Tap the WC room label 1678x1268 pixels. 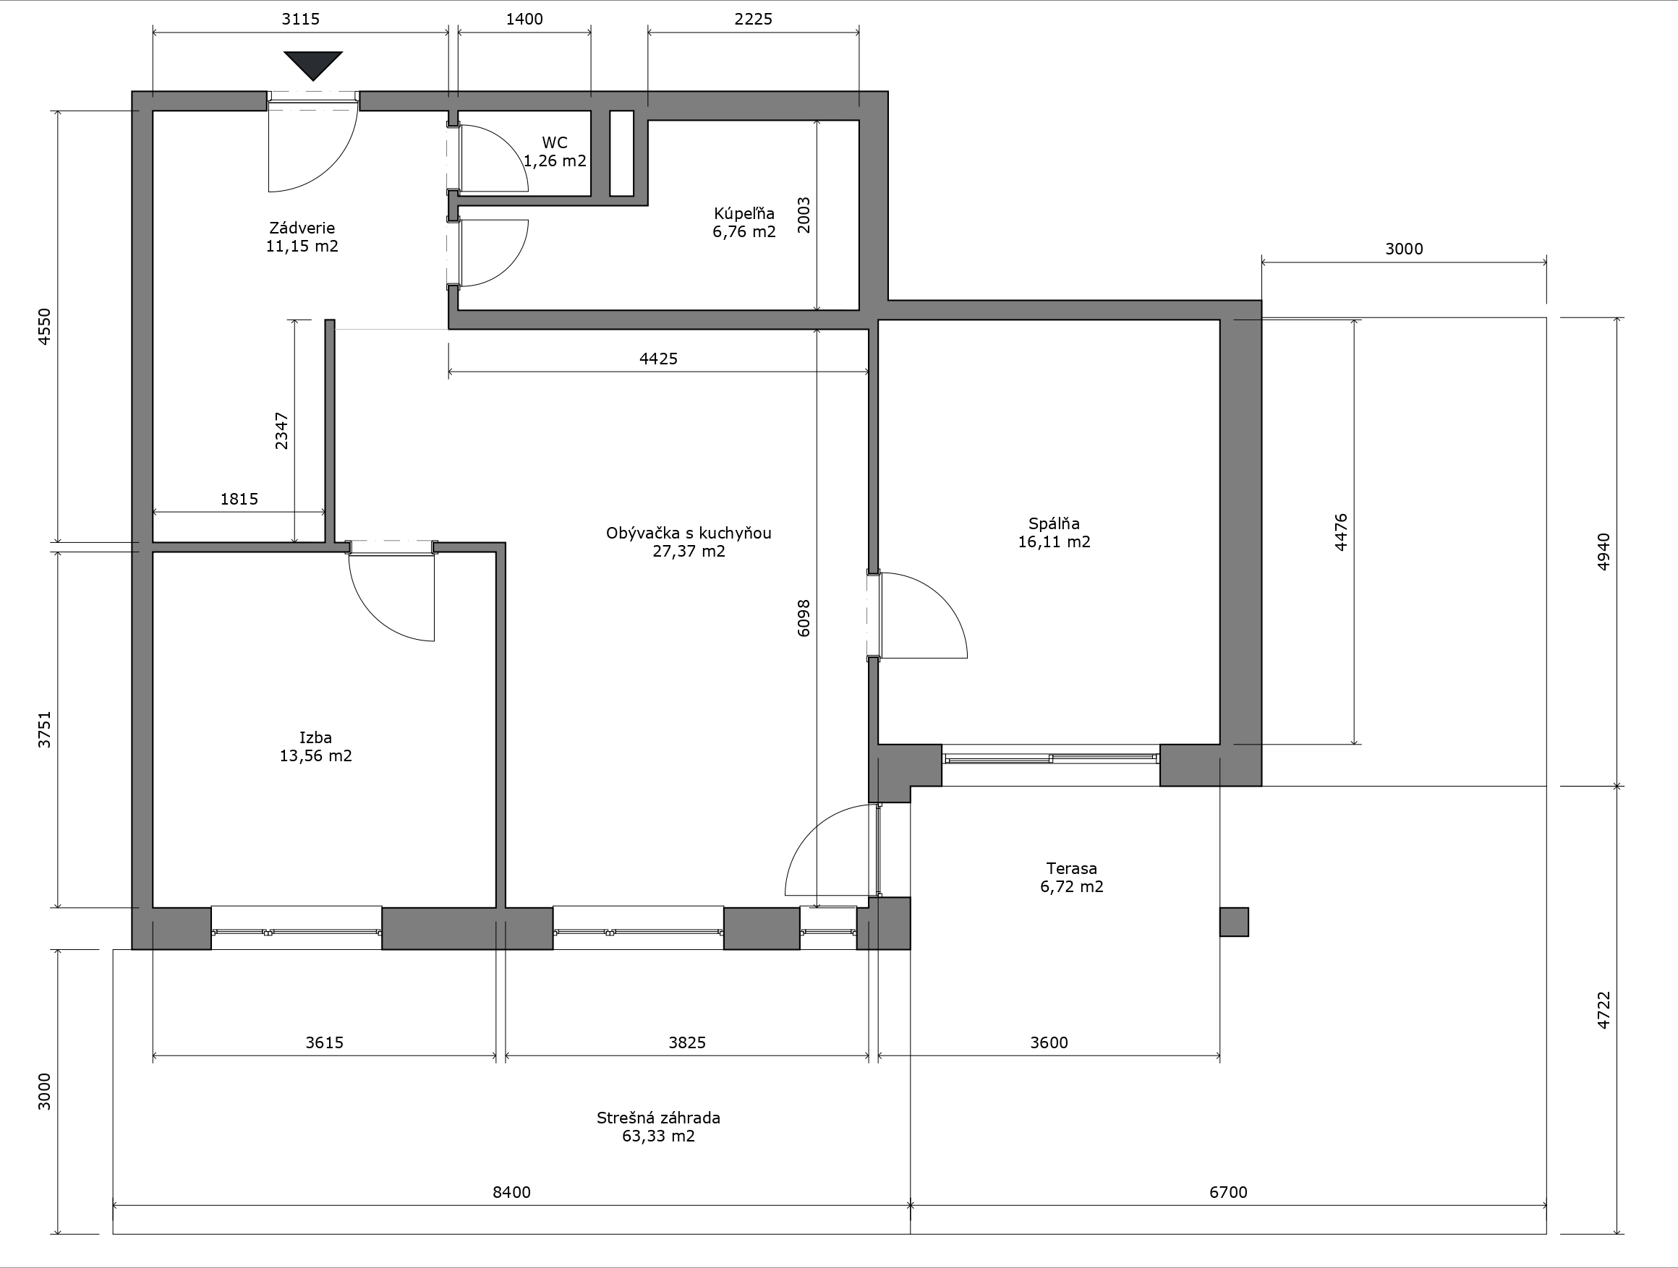(555, 152)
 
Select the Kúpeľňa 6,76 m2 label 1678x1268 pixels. (744, 223)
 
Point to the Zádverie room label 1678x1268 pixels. (302, 236)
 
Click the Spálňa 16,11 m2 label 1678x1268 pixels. (1054, 532)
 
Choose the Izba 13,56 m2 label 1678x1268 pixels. (315, 746)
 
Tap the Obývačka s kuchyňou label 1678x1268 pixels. (689, 541)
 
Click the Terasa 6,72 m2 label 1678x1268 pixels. (1071, 877)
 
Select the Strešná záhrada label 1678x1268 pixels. (658, 1126)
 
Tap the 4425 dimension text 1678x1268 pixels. (658, 359)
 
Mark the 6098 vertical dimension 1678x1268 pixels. (804, 618)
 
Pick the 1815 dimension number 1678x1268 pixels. (239, 499)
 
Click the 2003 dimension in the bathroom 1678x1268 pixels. (804, 215)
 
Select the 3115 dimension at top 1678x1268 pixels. (300, 19)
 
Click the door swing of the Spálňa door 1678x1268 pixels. (942, 598)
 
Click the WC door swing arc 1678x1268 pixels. (504, 145)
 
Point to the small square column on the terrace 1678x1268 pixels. (1234, 922)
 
